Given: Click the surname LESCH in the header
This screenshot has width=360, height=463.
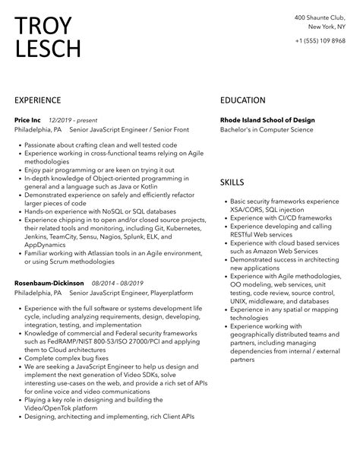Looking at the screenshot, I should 48,49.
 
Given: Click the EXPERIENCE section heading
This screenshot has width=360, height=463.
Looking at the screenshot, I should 43,100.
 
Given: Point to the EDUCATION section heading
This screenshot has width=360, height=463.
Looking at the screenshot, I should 243,100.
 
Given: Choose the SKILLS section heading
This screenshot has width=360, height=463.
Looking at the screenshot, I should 232,183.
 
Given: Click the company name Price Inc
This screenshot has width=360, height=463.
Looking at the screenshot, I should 29,120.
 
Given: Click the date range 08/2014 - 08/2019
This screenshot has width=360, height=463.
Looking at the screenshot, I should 117,282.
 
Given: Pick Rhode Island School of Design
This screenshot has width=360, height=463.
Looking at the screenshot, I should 267,120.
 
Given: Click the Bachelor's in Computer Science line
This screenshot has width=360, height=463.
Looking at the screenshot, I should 267,130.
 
